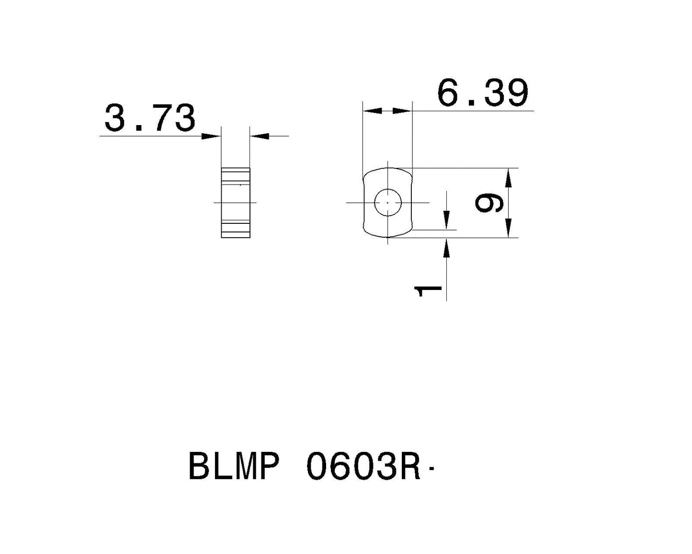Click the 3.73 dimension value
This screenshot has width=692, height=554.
point(150,118)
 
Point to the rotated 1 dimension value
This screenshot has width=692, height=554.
point(428,291)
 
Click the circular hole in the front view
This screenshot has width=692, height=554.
point(387,203)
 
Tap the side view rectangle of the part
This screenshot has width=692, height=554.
point(235,202)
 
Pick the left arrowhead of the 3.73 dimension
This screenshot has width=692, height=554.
point(211,137)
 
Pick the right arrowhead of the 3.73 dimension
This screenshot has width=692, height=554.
point(260,137)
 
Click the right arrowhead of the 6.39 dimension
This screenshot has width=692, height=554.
point(402,111)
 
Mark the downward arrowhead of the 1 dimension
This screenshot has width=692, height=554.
point(446,220)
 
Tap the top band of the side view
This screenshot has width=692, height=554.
point(235,172)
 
